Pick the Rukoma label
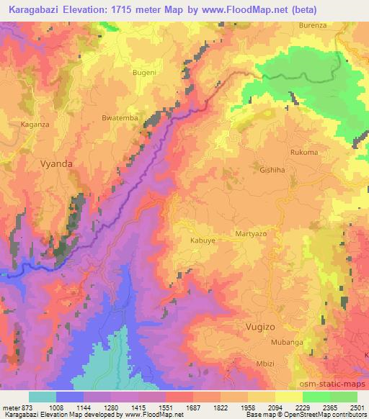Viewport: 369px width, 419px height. coord(303,152)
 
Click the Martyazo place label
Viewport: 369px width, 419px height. coord(252,235)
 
